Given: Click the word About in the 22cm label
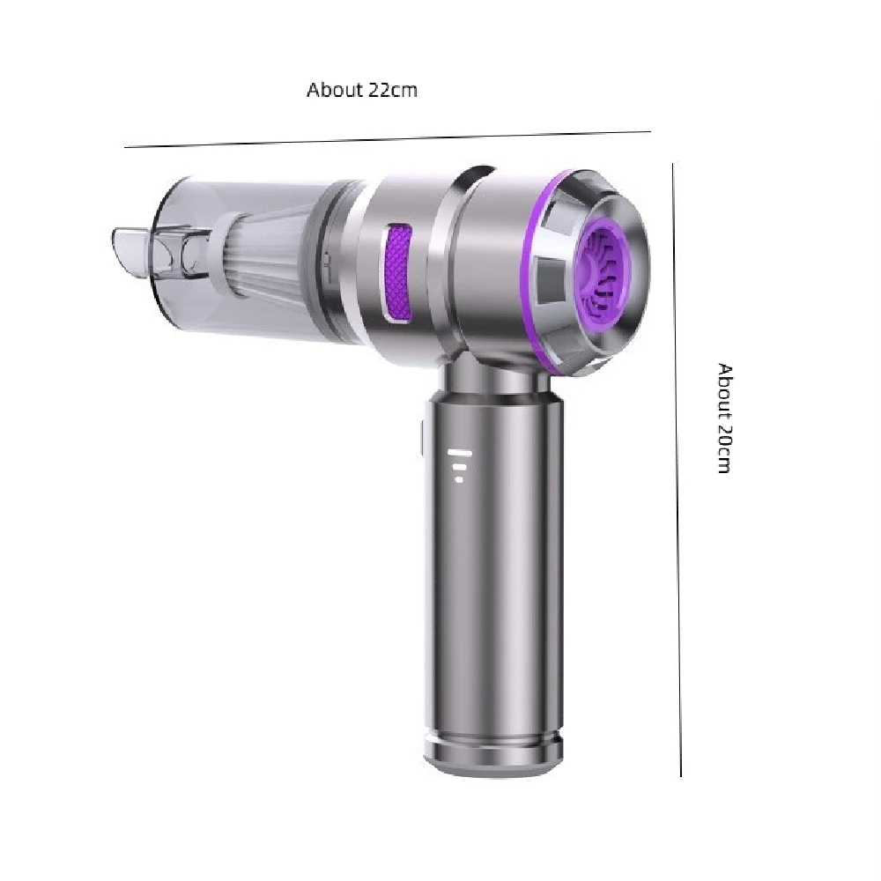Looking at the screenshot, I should (335, 90).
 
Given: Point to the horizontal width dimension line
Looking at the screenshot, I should (388, 139).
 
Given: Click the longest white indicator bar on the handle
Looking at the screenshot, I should (460, 453).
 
